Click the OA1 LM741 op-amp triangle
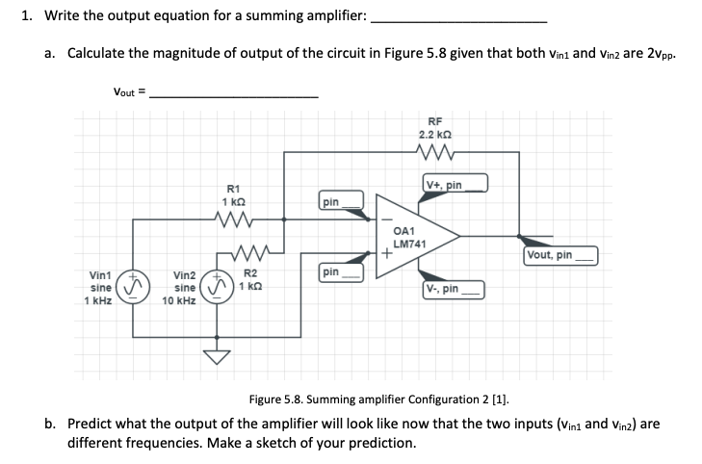412,236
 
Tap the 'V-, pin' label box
454,288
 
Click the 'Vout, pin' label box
559,255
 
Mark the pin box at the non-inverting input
342,273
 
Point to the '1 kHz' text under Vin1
99,300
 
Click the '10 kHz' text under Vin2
180,300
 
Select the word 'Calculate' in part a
96,54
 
